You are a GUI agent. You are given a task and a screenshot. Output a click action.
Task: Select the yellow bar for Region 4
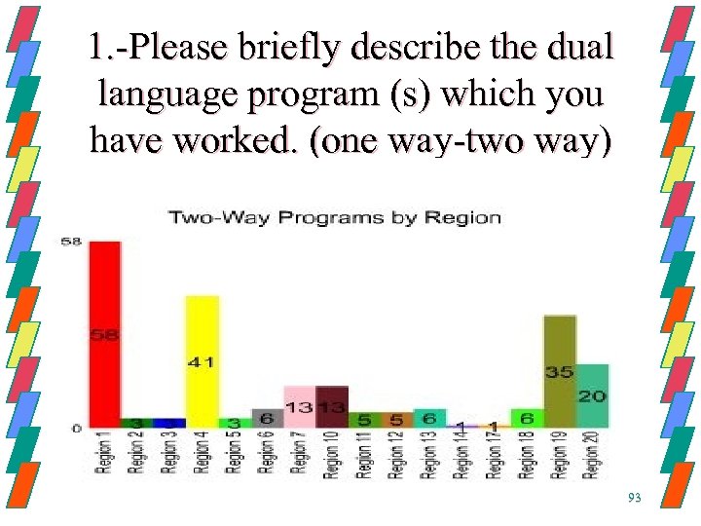pyautogui.click(x=203, y=360)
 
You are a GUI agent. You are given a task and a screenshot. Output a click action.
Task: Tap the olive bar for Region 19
pyautogui.click(x=560, y=371)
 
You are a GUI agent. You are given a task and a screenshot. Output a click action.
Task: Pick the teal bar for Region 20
pyautogui.click(x=592, y=395)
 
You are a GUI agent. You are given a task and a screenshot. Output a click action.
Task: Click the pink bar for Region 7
pyautogui.click(x=299, y=407)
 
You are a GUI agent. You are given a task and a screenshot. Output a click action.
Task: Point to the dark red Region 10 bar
pyautogui.click(x=332, y=407)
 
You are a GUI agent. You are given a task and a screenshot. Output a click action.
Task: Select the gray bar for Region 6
pyautogui.click(x=267, y=418)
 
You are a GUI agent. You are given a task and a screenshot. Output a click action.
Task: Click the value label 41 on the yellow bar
pyautogui.click(x=203, y=362)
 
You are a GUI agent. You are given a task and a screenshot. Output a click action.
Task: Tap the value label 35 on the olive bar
pyautogui.click(x=560, y=372)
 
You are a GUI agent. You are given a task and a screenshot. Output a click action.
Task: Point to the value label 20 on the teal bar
pyautogui.click(x=592, y=395)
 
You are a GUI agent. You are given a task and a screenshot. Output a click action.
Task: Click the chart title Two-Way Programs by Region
pyautogui.click(x=336, y=217)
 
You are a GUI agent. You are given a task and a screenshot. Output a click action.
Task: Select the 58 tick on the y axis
pyautogui.click(x=71, y=241)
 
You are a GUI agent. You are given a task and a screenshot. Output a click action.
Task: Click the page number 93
pyautogui.click(x=635, y=498)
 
